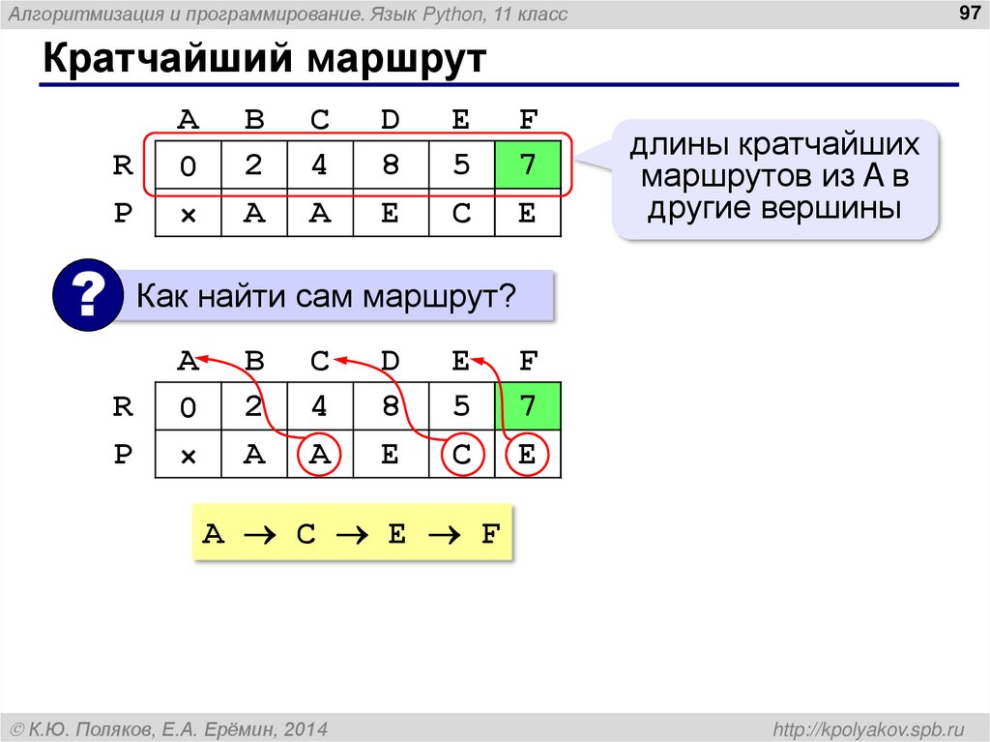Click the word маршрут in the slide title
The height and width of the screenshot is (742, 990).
(x=396, y=59)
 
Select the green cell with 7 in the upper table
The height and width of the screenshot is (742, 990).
(x=527, y=164)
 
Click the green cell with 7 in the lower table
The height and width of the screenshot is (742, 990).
(x=527, y=406)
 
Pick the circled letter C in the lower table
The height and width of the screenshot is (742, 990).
(x=461, y=456)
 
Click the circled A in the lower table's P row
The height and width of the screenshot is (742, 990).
(x=320, y=456)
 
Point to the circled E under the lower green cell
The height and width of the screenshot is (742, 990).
(x=527, y=456)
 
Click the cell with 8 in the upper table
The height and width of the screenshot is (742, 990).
(x=390, y=164)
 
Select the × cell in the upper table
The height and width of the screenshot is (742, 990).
(x=188, y=214)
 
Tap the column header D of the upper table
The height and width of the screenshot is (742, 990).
(x=390, y=121)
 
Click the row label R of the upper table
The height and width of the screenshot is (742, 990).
(x=122, y=165)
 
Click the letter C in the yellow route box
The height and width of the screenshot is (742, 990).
(x=306, y=533)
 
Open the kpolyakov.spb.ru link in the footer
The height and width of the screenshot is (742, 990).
(x=869, y=728)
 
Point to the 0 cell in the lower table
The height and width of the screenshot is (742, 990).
(x=188, y=408)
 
